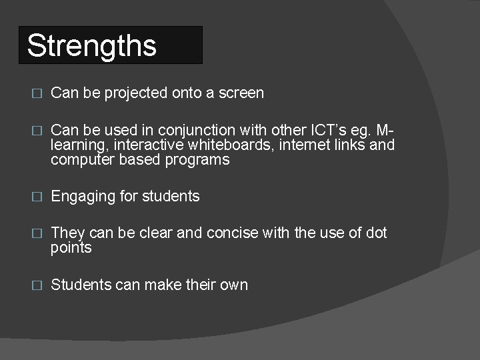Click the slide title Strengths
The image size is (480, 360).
click(92, 46)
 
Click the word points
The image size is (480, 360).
click(71, 249)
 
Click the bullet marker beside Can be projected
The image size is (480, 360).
click(37, 94)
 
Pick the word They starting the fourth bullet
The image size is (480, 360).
click(67, 233)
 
